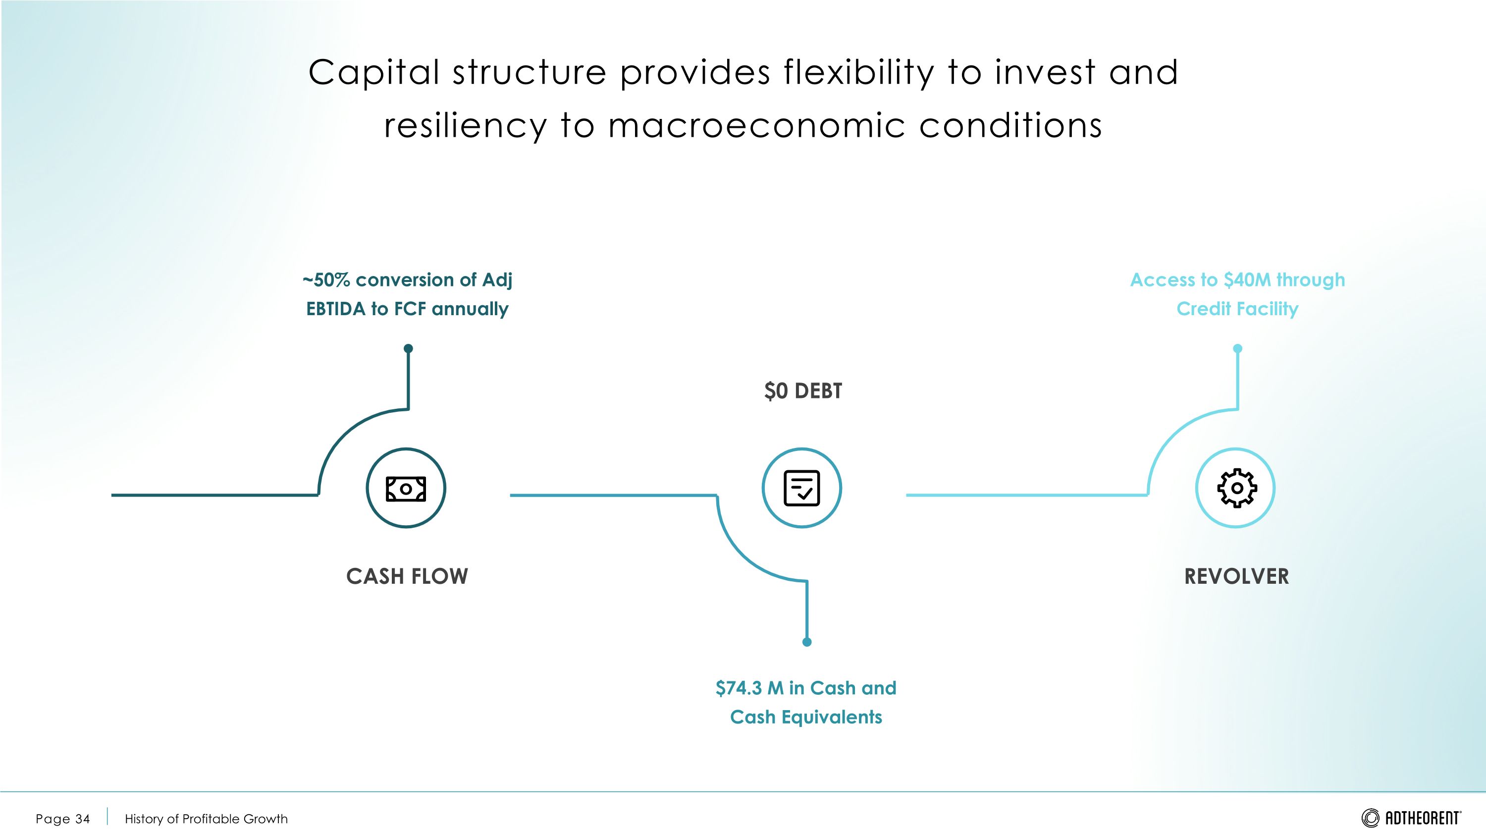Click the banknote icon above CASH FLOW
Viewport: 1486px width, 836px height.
(406, 488)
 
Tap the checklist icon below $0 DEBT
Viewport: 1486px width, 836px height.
(801, 488)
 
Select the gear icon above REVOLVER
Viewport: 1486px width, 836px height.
(1236, 488)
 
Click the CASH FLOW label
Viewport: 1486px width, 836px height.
(407, 576)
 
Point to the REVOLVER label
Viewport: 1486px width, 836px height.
(1236, 576)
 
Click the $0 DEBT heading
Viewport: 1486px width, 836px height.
(802, 391)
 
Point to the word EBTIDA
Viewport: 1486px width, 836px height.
(336, 309)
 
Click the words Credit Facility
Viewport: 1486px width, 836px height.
(1237, 309)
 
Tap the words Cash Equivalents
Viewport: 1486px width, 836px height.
(806, 717)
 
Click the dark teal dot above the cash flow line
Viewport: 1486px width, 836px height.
(409, 348)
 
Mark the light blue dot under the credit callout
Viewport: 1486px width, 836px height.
(1237, 348)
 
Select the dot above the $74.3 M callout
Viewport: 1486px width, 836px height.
(807, 642)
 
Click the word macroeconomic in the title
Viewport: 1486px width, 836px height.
(756, 126)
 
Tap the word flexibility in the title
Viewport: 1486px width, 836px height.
(858, 73)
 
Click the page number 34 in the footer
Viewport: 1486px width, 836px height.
(83, 819)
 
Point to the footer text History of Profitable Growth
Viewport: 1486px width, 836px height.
(206, 819)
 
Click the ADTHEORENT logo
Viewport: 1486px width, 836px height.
(1411, 818)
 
